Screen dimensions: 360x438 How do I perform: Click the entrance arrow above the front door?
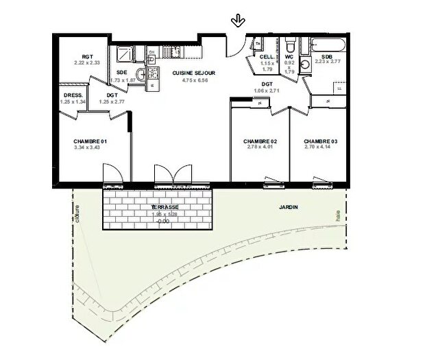238,21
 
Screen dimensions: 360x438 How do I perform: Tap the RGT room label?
87,57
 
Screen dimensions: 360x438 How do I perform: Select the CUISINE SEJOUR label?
194,73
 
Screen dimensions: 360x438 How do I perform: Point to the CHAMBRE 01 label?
91,142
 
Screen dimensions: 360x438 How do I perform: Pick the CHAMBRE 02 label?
260,142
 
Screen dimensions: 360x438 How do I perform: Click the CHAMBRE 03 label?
321,142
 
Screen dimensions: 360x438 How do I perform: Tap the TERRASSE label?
165,206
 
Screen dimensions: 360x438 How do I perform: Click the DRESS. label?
73,95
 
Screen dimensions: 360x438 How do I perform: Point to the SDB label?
327,56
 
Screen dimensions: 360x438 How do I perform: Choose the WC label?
289,56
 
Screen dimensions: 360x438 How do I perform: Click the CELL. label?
267,56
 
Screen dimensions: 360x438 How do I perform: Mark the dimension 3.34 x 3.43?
91,148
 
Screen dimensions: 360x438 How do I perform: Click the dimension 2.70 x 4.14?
321,148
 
